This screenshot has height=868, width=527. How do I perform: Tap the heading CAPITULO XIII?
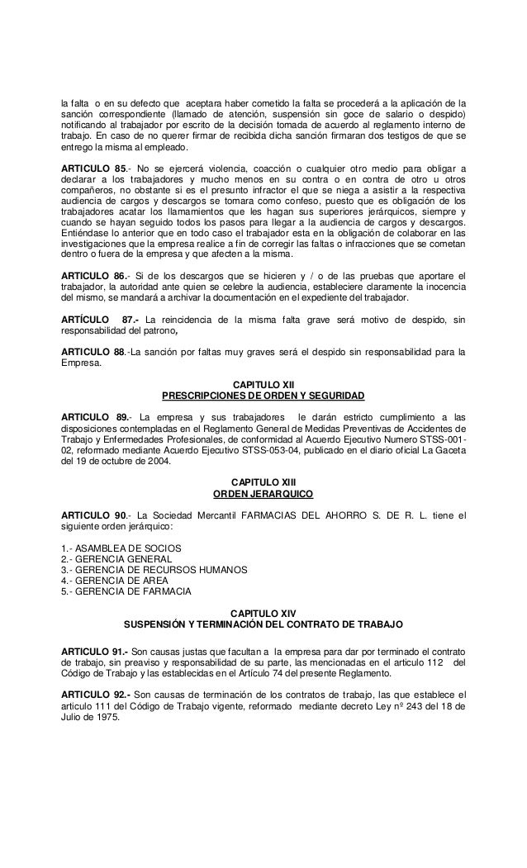click(263, 481)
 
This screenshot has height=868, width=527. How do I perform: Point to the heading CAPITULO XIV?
click(263, 614)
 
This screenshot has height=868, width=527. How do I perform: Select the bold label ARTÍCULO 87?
click(102, 319)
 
